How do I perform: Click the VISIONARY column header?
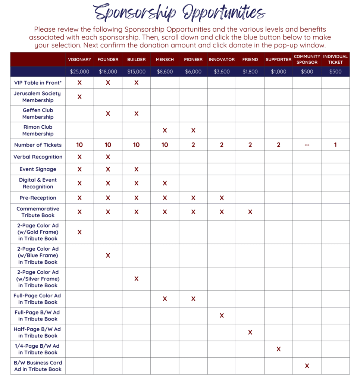coord(79,59)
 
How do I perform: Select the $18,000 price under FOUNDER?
coord(108,72)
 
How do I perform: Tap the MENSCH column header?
coord(165,59)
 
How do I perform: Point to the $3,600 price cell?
coord(222,72)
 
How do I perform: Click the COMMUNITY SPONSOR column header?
coord(307,59)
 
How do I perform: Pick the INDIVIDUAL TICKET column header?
coord(335,59)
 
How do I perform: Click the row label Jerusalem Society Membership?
coord(38,97)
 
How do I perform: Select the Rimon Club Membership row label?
coord(38,130)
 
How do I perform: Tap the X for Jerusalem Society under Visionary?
coord(79,97)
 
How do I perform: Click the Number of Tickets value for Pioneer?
coord(193,145)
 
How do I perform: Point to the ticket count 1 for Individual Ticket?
coord(335,145)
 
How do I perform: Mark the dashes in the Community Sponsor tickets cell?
coord(307,145)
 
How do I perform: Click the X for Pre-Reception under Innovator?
coord(222,198)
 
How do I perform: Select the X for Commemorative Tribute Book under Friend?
coord(250,212)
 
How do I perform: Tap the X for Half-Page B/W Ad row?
coord(250,332)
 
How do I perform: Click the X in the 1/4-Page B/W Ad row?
coord(279,349)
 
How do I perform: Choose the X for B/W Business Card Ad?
coord(307,366)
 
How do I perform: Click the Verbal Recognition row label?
coord(38,157)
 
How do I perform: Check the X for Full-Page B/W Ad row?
coord(222,315)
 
